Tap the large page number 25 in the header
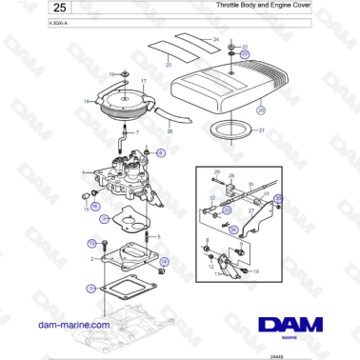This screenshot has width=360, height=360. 26,10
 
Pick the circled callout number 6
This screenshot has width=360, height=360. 160,152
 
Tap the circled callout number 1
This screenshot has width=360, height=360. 90,287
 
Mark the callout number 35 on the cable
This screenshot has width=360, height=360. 279,197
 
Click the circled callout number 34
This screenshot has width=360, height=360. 231,229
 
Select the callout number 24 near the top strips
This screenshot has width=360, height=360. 216,39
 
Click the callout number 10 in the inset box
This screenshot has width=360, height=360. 256,272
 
